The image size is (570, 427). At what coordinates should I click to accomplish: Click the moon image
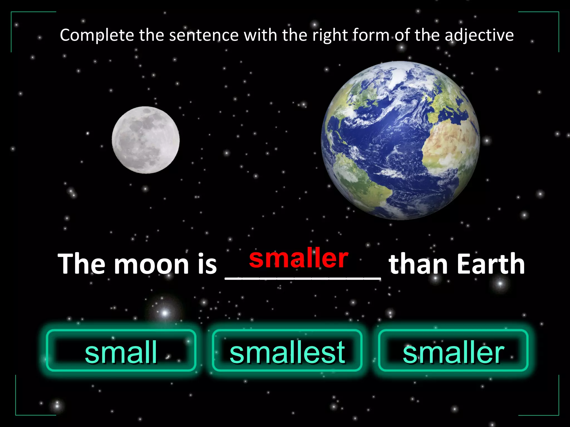pyautogui.click(x=146, y=140)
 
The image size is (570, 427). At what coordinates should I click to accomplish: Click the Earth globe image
pyautogui.click(x=400, y=140)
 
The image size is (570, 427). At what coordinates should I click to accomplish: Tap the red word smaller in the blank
pyautogui.click(x=299, y=259)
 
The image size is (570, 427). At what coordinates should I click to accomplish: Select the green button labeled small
pyautogui.click(x=121, y=351)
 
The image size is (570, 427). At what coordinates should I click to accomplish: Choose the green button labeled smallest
pyautogui.click(x=287, y=351)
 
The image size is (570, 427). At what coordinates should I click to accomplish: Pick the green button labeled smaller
pyautogui.click(x=453, y=351)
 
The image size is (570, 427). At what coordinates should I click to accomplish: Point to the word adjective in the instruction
pyautogui.click(x=479, y=36)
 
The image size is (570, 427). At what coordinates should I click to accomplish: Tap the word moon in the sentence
pyautogui.click(x=151, y=264)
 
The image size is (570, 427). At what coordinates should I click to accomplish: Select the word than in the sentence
pyautogui.click(x=419, y=264)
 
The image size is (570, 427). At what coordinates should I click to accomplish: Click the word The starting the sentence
pyautogui.click(x=82, y=264)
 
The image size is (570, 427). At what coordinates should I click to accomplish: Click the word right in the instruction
pyautogui.click(x=330, y=36)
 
